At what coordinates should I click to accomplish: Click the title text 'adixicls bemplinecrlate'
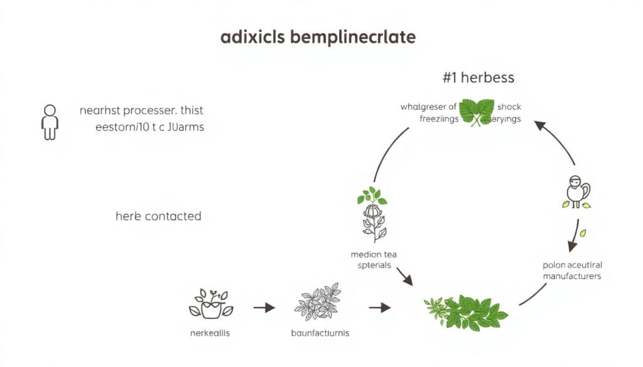click(x=318, y=37)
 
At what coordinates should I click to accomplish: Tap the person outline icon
click(x=49, y=122)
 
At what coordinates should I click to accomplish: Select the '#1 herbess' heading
click(x=478, y=78)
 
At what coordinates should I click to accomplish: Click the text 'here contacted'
click(x=158, y=216)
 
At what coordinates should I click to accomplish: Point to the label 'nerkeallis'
click(x=210, y=332)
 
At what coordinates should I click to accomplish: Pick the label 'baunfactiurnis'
click(x=320, y=332)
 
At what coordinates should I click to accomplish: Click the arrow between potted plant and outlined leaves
click(x=264, y=307)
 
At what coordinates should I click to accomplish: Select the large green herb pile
click(x=465, y=311)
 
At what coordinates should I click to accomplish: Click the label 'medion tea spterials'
click(x=374, y=260)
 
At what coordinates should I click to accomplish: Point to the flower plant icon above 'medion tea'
click(x=372, y=214)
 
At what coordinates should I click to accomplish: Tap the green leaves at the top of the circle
click(x=477, y=112)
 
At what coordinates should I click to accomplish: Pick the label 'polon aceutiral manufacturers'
click(x=571, y=270)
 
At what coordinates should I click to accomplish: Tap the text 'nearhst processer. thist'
click(x=141, y=110)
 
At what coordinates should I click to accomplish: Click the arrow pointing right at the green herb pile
click(x=379, y=307)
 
